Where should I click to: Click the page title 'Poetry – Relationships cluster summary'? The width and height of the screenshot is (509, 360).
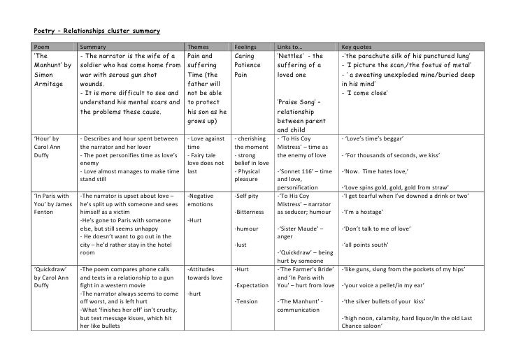(97, 31)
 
